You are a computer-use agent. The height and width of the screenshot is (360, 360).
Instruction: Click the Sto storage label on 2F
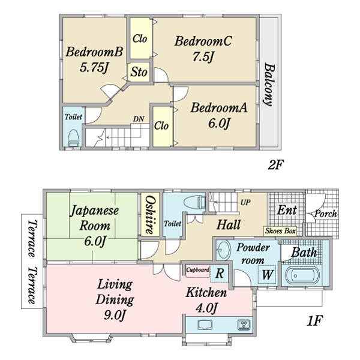click(139, 72)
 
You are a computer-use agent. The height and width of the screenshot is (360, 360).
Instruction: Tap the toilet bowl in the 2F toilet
click(73, 137)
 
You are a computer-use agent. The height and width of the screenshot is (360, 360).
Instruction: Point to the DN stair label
click(139, 119)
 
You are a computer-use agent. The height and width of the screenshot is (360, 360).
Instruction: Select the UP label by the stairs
click(245, 202)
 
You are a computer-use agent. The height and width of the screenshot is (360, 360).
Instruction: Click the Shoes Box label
click(280, 231)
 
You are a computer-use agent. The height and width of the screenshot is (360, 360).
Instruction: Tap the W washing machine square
click(267, 274)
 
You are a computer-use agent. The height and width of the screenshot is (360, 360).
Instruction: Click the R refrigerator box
click(220, 274)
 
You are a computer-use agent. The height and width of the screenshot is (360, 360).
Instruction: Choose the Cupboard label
click(197, 269)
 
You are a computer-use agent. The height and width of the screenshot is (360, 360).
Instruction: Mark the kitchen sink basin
click(205, 325)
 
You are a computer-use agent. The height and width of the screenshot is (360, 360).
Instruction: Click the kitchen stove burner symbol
click(244, 325)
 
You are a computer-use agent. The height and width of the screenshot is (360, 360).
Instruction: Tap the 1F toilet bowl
click(194, 202)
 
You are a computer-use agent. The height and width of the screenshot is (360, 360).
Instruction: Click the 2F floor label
click(276, 164)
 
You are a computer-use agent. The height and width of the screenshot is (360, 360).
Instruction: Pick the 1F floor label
click(315, 321)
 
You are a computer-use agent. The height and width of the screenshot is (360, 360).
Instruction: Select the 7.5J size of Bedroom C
click(203, 56)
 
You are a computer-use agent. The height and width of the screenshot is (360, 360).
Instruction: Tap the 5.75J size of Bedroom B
click(94, 68)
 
